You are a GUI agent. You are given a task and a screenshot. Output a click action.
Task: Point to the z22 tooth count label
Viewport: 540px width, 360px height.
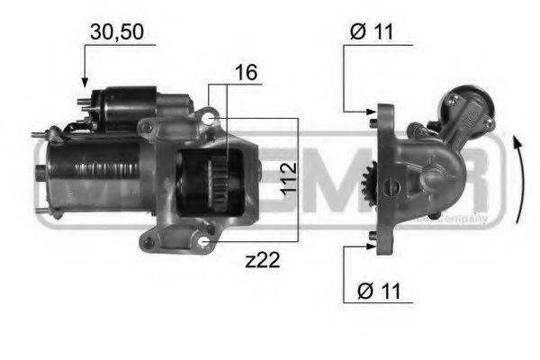pos(263,261)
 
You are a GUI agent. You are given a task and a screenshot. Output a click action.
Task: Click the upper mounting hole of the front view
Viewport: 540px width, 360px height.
pos(209,118)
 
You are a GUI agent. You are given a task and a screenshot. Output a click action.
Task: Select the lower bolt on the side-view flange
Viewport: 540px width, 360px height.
pos(372,238)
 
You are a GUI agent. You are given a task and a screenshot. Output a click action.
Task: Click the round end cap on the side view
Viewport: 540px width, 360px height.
pos(469,104)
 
